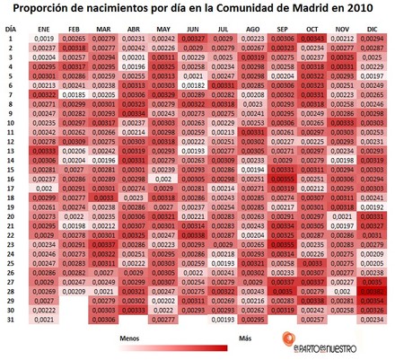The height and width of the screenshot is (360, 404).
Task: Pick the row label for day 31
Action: tap(10, 319)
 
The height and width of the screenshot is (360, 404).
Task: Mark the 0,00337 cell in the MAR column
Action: tap(104, 243)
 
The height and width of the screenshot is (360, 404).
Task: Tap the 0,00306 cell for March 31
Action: tap(104, 319)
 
